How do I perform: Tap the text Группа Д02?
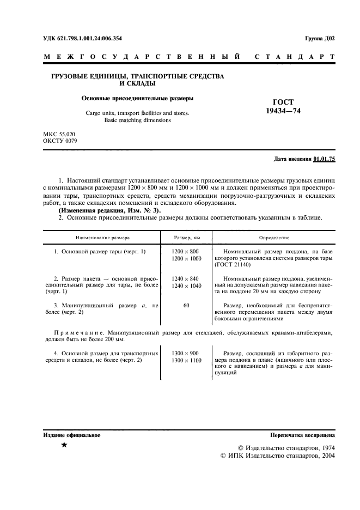[x=320, y=39]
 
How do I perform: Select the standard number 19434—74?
[x=283, y=111]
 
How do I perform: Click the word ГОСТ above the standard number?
[x=283, y=102]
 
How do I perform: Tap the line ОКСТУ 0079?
[x=60, y=141]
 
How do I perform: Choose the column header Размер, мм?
[x=186, y=238]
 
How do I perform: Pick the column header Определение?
[x=274, y=238]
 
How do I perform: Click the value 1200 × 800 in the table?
[x=186, y=251]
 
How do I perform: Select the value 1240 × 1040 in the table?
[x=186, y=286]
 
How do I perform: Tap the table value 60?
[x=186, y=306]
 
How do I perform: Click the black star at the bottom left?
[x=64, y=446]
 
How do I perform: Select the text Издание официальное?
[x=71, y=435]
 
